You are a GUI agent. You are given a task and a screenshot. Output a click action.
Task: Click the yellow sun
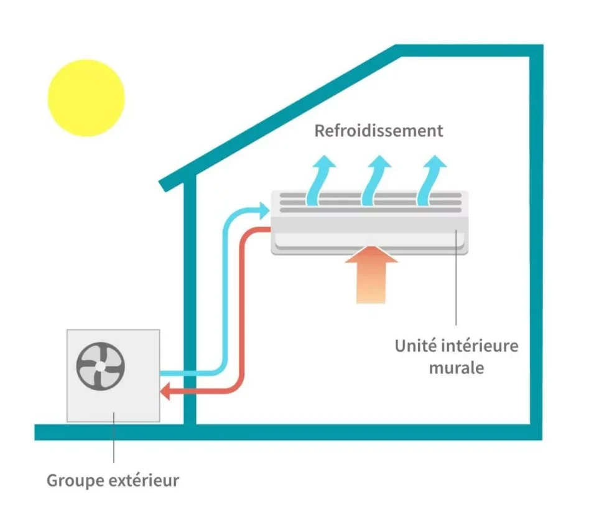[86, 98]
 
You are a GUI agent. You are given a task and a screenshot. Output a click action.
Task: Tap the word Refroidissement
[378, 131]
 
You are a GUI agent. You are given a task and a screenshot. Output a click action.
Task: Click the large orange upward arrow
[371, 274]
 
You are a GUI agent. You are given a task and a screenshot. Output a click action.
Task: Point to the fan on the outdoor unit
[100, 367]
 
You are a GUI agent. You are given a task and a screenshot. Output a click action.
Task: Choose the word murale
[456, 368]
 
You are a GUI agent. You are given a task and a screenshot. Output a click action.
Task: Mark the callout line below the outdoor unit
[113, 442]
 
